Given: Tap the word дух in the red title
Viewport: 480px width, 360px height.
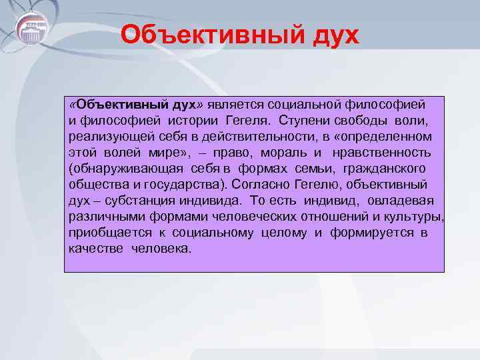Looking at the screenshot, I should (x=333, y=34).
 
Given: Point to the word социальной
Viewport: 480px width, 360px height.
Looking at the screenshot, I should (x=305, y=105).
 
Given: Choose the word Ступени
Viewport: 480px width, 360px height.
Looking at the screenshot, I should (x=301, y=121).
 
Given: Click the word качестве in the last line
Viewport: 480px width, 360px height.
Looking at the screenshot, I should (x=92, y=249).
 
